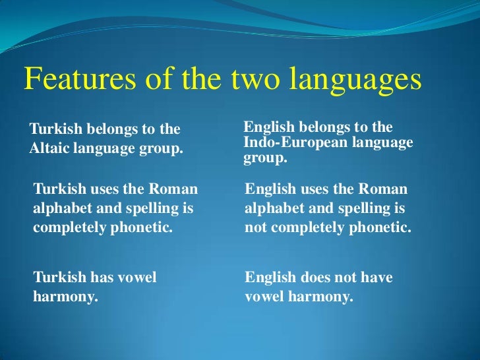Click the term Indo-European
(290, 142)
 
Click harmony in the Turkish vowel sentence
(65, 296)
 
